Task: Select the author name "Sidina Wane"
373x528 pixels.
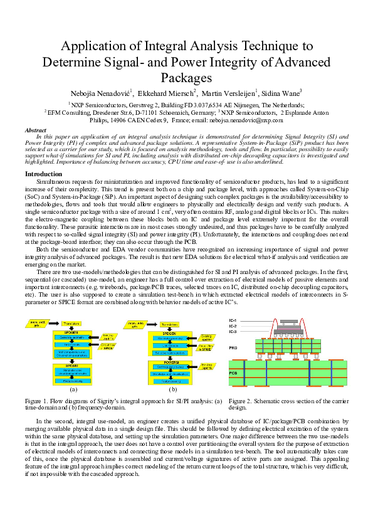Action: point(278,92)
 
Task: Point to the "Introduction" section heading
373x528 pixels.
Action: point(43,174)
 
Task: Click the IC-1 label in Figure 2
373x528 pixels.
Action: point(233,320)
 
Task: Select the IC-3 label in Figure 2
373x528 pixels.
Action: point(233,331)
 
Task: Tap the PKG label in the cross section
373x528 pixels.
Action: point(233,346)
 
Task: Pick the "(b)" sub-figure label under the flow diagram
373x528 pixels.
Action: point(172,389)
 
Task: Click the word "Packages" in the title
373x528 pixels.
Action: point(186,77)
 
